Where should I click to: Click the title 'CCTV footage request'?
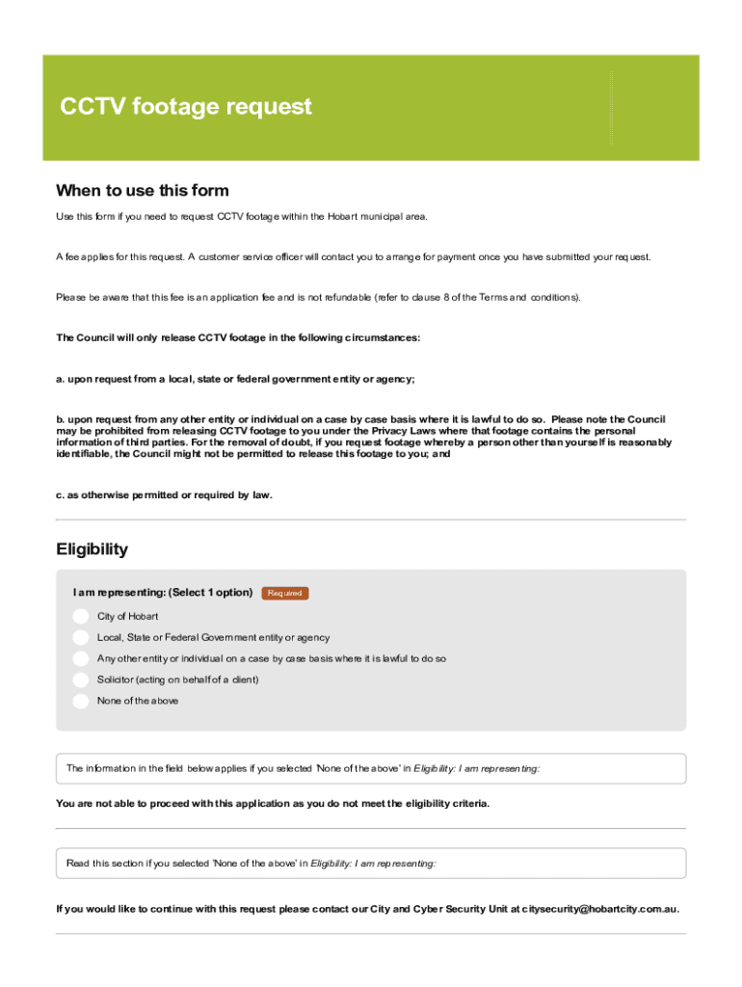(186, 106)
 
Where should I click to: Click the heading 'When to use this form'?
(142, 190)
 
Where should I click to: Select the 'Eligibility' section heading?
(92, 549)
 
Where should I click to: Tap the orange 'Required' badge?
(284, 594)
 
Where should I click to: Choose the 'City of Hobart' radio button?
(80, 616)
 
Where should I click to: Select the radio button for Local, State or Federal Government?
(80, 637)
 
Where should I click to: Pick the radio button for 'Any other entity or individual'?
(80, 658)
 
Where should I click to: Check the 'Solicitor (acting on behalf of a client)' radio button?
(80, 680)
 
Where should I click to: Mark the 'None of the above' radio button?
(80, 701)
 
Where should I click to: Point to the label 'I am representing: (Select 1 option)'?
(162, 593)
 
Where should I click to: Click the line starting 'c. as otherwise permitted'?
(164, 495)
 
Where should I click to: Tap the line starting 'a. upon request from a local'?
(235, 380)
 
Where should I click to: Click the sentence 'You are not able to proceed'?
(273, 804)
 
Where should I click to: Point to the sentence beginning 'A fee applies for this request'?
(353, 257)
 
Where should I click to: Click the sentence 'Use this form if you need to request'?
(241, 217)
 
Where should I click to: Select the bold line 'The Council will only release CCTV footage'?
(238, 338)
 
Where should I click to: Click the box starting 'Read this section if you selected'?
(371, 864)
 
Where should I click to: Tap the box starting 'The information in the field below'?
(371, 769)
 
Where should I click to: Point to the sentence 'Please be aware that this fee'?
(318, 298)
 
